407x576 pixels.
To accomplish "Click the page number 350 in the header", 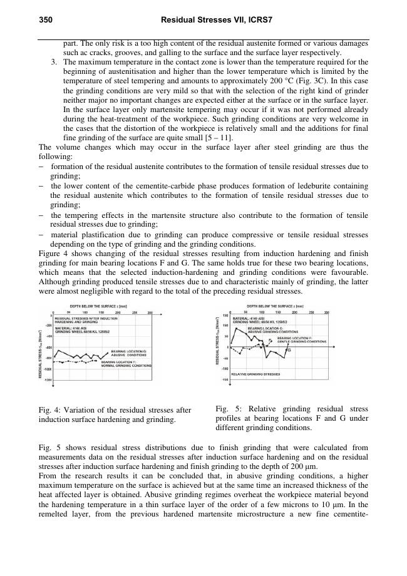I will click(45, 21).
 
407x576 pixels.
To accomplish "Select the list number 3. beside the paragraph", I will click(55, 63).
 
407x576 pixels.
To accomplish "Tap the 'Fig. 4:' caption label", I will click(48, 410).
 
